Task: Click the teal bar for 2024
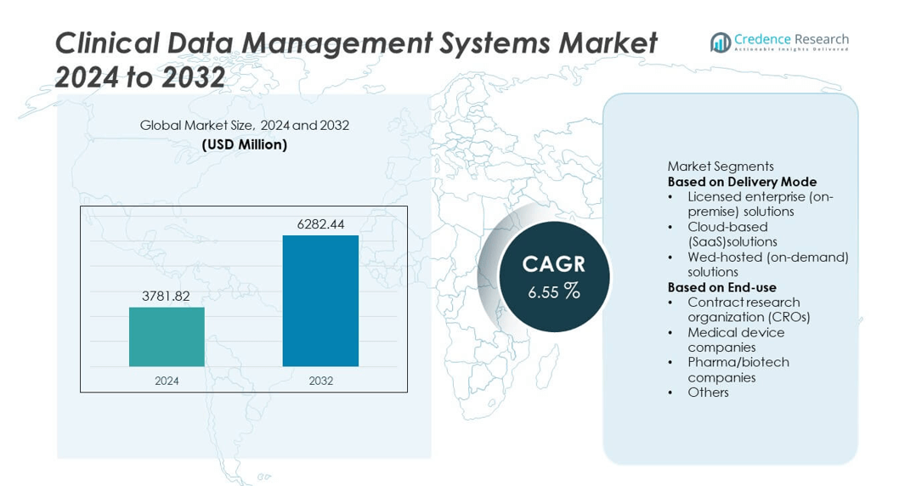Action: coord(167,336)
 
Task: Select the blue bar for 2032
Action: coord(320,301)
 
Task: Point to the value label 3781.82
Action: coord(166,296)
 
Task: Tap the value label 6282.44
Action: coord(320,224)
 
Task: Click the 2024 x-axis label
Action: coord(167,381)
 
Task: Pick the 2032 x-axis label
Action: coord(321,381)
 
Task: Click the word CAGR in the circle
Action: coord(553,263)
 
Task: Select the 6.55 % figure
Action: coord(553,291)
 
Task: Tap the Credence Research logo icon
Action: coord(721,42)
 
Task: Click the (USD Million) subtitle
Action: coord(245,144)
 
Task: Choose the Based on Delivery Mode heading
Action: coord(742,182)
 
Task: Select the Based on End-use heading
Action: coord(721,287)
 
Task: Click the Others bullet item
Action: coord(708,392)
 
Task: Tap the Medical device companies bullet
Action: coord(736,340)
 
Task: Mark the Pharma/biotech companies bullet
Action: coord(738,370)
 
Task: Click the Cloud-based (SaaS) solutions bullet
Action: coord(732,235)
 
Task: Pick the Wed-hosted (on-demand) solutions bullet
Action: coord(767,264)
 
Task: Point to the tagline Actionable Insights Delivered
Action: coord(791,50)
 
